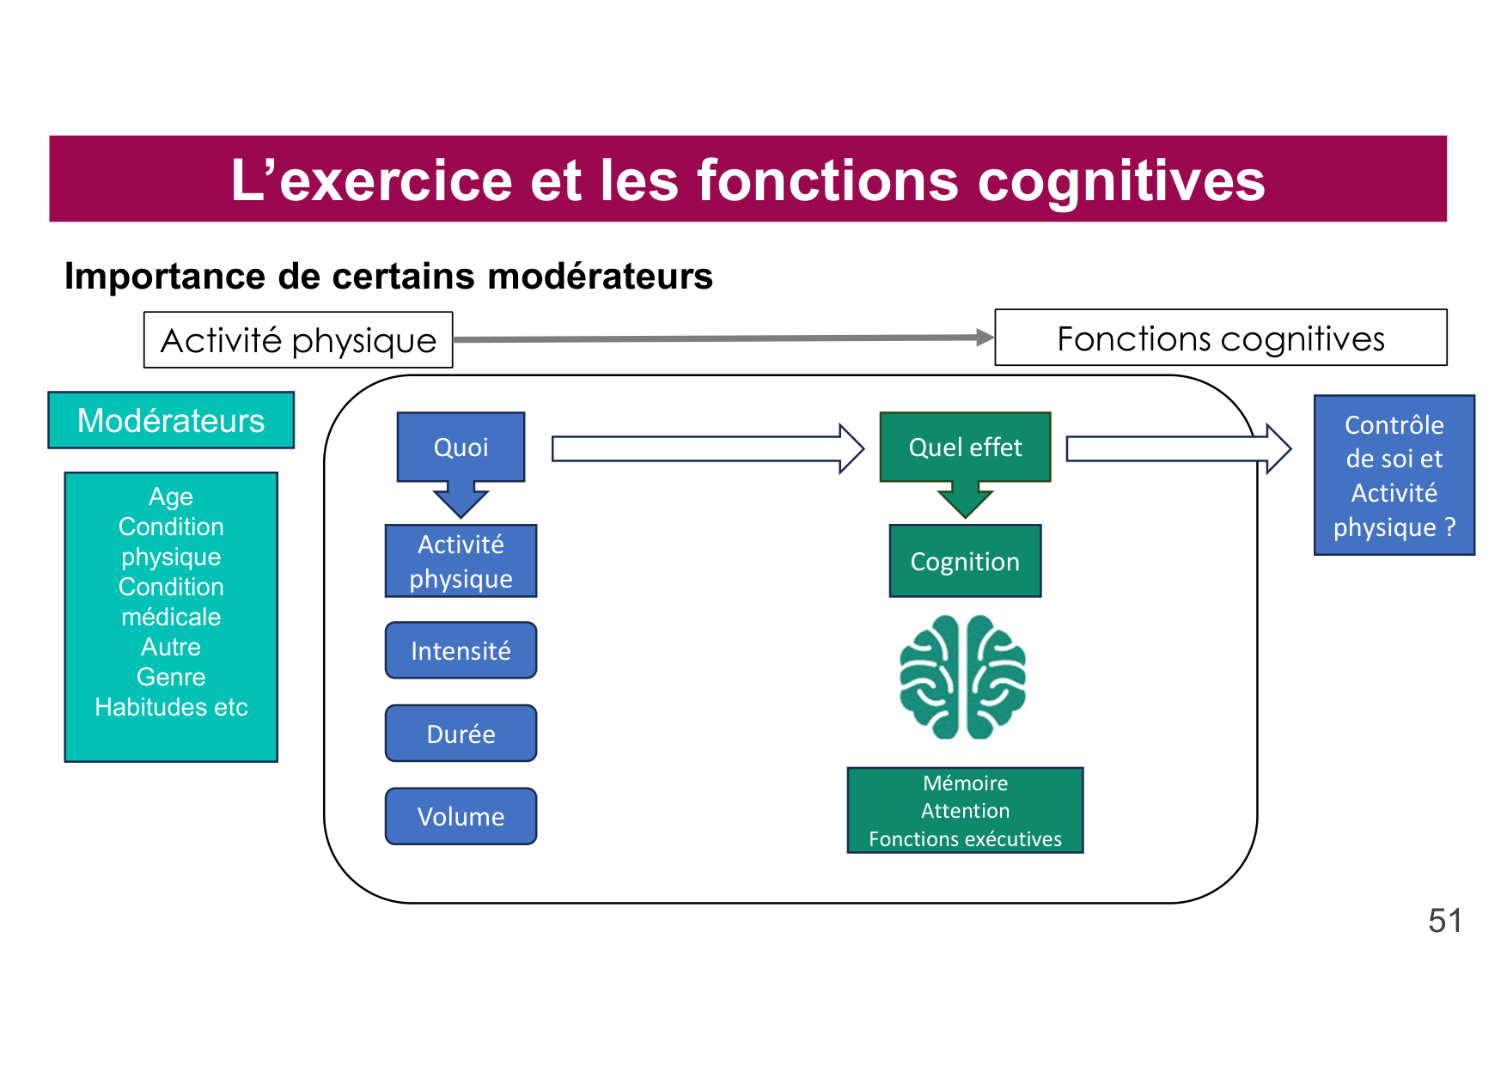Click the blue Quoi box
pyautogui.click(x=461, y=447)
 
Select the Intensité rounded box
pyautogui.click(x=461, y=650)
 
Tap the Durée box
pyautogui.click(x=461, y=734)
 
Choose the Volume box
pyautogui.click(x=461, y=816)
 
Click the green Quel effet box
pyautogui.click(x=965, y=447)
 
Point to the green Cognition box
pyautogui.click(x=965, y=561)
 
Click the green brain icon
pyautogui.click(x=962, y=677)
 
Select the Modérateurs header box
pyautogui.click(x=171, y=420)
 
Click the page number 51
pyautogui.click(x=1444, y=921)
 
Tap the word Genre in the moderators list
pyautogui.click(x=171, y=677)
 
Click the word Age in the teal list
pyautogui.click(x=171, y=496)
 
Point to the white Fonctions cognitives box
pyautogui.click(x=1220, y=338)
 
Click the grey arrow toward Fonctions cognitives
pyautogui.click(x=722, y=338)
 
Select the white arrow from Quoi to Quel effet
pyautogui.click(x=705, y=448)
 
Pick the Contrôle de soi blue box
pyautogui.click(x=1394, y=475)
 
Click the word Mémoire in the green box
pyautogui.click(x=965, y=783)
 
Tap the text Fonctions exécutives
pyautogui.click(x=965, y=839)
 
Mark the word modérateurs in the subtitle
pyautogui.click(x=600, y=277)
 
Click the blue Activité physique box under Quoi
pyautogui.click(x=461, y=561)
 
